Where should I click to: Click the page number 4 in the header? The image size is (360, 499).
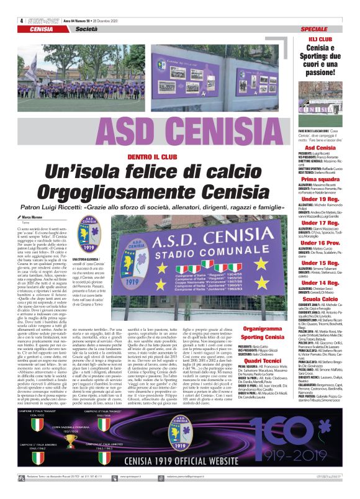point(21,20)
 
